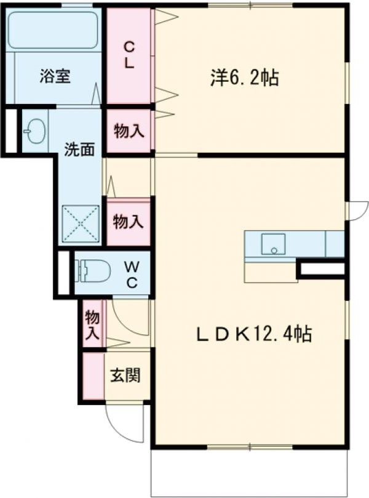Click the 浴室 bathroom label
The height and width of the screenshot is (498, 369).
(x=55, y=77)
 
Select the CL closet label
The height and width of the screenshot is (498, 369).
(x=129, y=55)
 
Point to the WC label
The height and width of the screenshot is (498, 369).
(x=132, y=274)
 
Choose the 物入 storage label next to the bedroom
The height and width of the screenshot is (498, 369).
(x=129, y=131)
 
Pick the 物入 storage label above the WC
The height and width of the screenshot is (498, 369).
(x=129, y=222)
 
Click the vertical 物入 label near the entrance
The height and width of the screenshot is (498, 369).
(x=92, y=324)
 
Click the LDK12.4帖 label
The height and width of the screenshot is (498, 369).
(x=253, y=334)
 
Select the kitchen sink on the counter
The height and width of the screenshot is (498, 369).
(x=271, y=244)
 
